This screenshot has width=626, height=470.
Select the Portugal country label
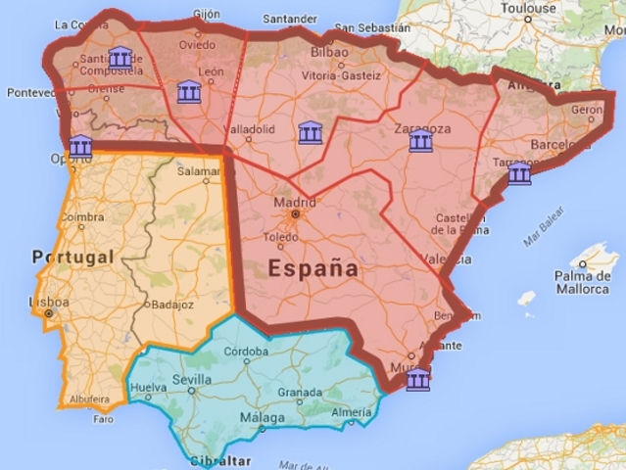pyautogui.click(x=72, y=257)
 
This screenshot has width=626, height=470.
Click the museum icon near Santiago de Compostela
pyautogui.click(x=120, y=57)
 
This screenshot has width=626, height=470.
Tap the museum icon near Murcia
pyautogui.click(x=418, y=380)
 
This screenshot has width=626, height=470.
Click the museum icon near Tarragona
pyautogui.click(x=519, y=174)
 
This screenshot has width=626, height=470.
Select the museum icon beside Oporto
pyautogui.click(x=81, y=147)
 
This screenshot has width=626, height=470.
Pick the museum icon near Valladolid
pyautogui.click(x=312, y=131)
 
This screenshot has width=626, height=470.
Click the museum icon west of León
pyautogui.click(x=189, y=93)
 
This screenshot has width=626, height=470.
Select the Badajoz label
pyautogui.click(x=172, y=305)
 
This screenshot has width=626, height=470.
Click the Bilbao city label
pyautogui.click(x=329, y=52)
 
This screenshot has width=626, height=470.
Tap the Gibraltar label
pyautogui.click(x=218, y=460)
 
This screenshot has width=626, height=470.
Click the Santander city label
pyautogui.click(x=291, y=19)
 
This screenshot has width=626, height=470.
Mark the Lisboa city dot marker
pyautogui.click(x=46, y=314)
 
